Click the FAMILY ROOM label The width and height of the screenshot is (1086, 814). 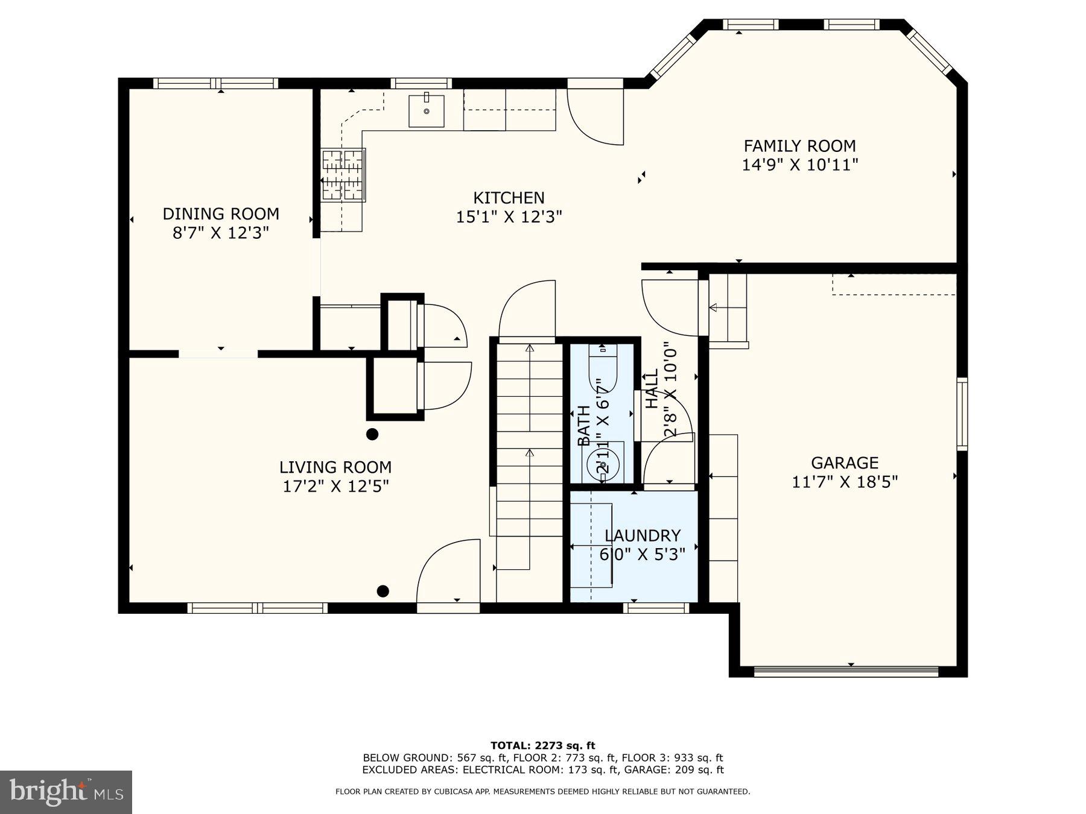click(799, 146)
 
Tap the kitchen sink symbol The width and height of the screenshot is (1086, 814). click(427, 111)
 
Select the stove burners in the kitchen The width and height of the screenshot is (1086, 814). click(343, 175)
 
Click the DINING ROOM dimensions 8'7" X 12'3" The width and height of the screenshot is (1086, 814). click(221, 233)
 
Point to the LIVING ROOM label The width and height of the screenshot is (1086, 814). click(335, 467)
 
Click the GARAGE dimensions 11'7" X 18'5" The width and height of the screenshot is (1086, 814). click(845, 482)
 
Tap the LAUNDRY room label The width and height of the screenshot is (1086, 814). click(643, 535)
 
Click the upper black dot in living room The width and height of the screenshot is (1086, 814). click(372, 434)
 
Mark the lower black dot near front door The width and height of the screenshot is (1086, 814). click(383, 591)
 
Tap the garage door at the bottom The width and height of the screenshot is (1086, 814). click(846, 671)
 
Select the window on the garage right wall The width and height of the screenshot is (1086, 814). click(962, 414)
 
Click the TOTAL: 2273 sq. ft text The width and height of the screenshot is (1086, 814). click(542, 746)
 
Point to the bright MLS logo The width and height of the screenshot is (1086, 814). click(66, 792)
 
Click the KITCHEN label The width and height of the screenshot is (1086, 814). click(509, 198)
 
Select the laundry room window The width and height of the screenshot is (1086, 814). click(656, 608)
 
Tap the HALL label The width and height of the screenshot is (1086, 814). click(652, 389)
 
